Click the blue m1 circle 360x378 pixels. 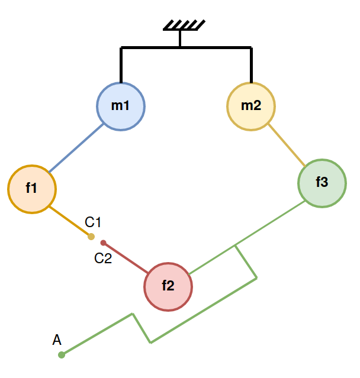121,106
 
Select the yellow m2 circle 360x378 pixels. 251,106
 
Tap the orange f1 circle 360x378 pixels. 32,189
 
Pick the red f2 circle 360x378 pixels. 168,286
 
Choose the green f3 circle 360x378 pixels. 322,183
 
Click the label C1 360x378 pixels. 94,222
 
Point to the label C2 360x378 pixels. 103,258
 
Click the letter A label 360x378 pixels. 57,340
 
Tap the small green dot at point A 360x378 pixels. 61,355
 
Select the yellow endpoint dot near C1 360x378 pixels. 91,237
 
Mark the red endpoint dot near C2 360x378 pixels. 103,243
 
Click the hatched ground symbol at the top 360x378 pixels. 184,25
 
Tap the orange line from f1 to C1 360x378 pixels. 70,222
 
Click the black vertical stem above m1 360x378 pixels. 121,65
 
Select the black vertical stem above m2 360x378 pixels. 252,65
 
